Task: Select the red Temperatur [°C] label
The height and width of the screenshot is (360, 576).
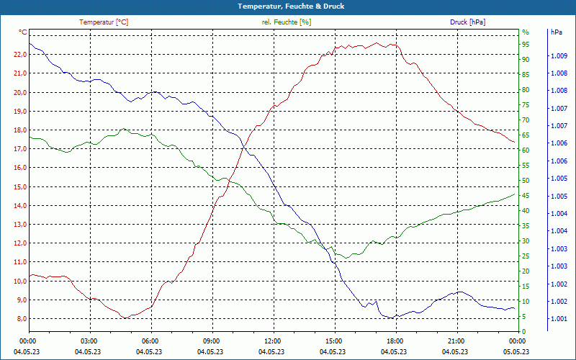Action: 104,22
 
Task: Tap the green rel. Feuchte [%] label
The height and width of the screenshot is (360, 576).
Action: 287,22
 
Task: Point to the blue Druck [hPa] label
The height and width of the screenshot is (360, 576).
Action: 467,22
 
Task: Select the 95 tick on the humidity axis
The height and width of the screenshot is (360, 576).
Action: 526,44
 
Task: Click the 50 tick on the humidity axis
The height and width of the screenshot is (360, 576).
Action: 526,181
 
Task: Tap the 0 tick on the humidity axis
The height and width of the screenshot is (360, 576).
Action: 524,332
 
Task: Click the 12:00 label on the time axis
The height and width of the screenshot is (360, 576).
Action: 273,341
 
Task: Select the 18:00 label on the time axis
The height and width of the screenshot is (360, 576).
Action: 395,341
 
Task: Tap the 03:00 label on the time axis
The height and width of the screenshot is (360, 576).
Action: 89,341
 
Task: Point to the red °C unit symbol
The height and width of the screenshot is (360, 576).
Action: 23,32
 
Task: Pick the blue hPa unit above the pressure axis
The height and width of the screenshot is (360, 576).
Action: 557,32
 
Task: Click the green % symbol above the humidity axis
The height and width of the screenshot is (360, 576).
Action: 526,32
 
